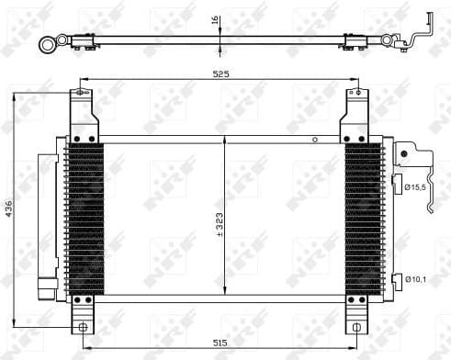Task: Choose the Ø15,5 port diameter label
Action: tap(415, 188)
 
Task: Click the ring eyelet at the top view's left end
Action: tap(46, 41)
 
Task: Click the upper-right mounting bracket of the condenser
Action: tap(358, 112)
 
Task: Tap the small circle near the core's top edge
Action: tap(315, 141)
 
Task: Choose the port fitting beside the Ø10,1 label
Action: tap(396, 277)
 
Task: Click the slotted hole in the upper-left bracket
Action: tap(82, 93)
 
